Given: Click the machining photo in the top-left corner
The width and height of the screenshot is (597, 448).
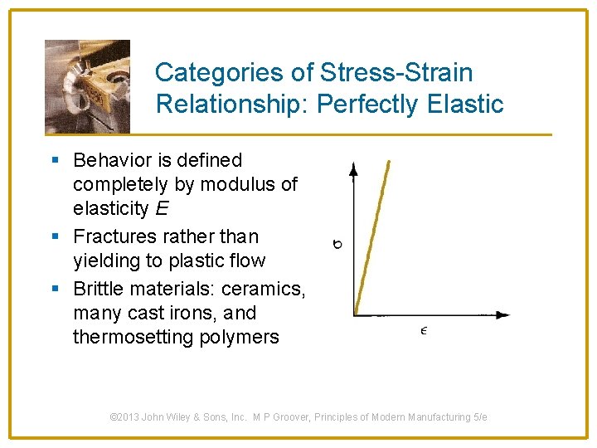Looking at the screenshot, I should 87,86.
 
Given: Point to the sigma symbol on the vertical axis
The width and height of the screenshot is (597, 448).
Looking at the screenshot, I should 337,244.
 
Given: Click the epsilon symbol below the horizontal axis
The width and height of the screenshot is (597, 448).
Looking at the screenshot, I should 423,331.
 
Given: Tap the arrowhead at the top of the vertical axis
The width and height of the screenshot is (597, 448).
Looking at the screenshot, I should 354,169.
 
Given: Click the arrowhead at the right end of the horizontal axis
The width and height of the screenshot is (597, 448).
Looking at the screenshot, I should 503,315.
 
